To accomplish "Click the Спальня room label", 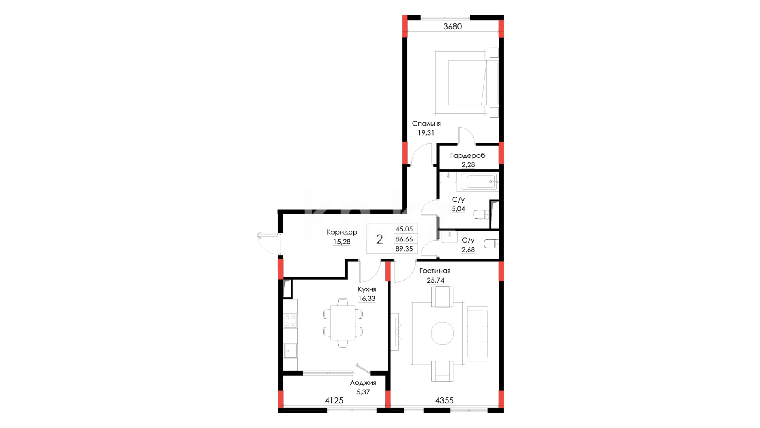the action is (426, 124).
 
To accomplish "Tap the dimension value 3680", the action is (452, 27).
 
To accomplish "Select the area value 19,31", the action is (426, 133).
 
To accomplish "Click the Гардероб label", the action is (467, 156).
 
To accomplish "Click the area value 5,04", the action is (458, 209).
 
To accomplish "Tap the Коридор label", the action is (341, 232).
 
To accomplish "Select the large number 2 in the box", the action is (379, 239).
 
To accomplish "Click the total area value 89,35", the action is (404, 249).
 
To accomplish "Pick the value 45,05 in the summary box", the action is (404, 229).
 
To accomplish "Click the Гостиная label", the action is (434, 271).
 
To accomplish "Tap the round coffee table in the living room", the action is (442, 333).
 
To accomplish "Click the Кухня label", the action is (367, 289).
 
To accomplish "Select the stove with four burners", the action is (290, 321).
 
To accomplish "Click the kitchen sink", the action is (290, 351).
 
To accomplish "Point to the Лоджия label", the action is (363, 383).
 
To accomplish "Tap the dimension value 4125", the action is (334, 401).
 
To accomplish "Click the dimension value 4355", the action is (444, 401).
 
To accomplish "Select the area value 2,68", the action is (468, 250).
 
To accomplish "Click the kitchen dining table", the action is (343, 323).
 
